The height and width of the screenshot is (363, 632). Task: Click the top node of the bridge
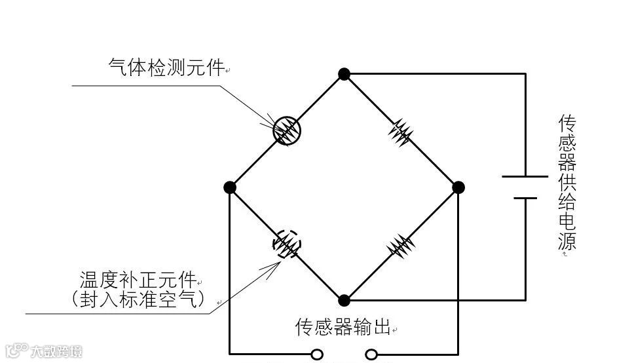[344, 73]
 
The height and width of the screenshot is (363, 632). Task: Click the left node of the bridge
[229, 187]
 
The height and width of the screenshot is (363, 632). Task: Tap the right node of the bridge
[458, 187]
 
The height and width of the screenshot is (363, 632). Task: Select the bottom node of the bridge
[344, 301]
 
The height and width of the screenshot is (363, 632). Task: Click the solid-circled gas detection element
[286, 130]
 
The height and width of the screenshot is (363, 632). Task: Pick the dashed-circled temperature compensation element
[287, 244]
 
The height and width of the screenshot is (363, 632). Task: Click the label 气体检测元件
[166, 67]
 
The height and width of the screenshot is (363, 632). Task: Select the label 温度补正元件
[138, 280]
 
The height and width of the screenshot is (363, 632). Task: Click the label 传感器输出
[343, 327]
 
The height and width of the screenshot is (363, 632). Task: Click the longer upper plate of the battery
[525, 176]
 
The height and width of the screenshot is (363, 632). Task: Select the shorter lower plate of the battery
[525, 197]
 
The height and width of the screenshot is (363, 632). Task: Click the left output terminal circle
[317, 354]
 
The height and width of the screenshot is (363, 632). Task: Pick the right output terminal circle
[371, 354]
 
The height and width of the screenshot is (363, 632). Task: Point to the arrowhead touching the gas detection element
[271, 123]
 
